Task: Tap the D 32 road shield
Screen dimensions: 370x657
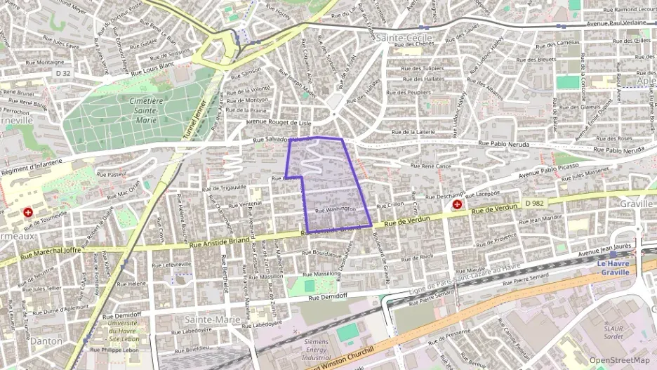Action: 62,73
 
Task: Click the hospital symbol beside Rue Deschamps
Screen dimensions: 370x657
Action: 457,204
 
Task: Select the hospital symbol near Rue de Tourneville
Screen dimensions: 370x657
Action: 28,211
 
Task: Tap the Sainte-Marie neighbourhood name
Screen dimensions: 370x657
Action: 208,319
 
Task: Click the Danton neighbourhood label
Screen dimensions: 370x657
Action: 46,341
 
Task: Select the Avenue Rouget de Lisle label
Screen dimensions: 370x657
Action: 277,121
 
